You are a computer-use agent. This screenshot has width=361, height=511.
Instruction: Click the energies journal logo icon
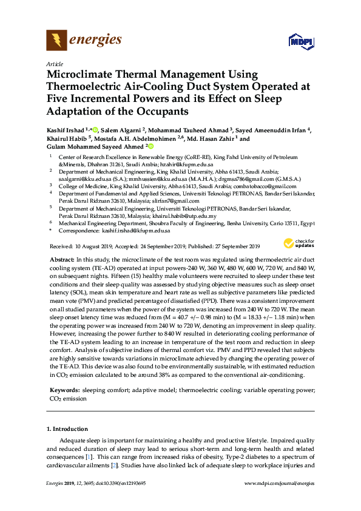pos(56,40)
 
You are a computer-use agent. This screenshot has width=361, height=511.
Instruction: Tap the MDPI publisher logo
pos(302,42)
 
